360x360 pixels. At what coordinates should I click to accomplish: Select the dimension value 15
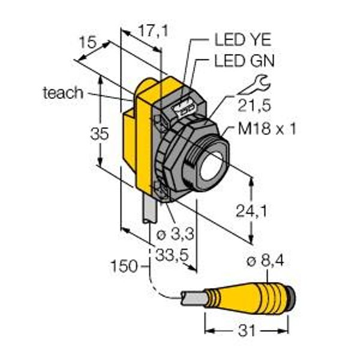88,42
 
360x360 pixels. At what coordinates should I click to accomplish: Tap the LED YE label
243,40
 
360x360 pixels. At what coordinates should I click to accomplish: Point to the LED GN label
244,61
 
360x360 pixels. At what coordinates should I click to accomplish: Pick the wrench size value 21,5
254,106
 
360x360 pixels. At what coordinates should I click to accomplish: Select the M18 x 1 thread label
267,128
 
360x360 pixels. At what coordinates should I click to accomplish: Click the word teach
63,93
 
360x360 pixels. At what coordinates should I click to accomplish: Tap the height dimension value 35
100,134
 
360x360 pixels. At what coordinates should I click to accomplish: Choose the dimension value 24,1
251,211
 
